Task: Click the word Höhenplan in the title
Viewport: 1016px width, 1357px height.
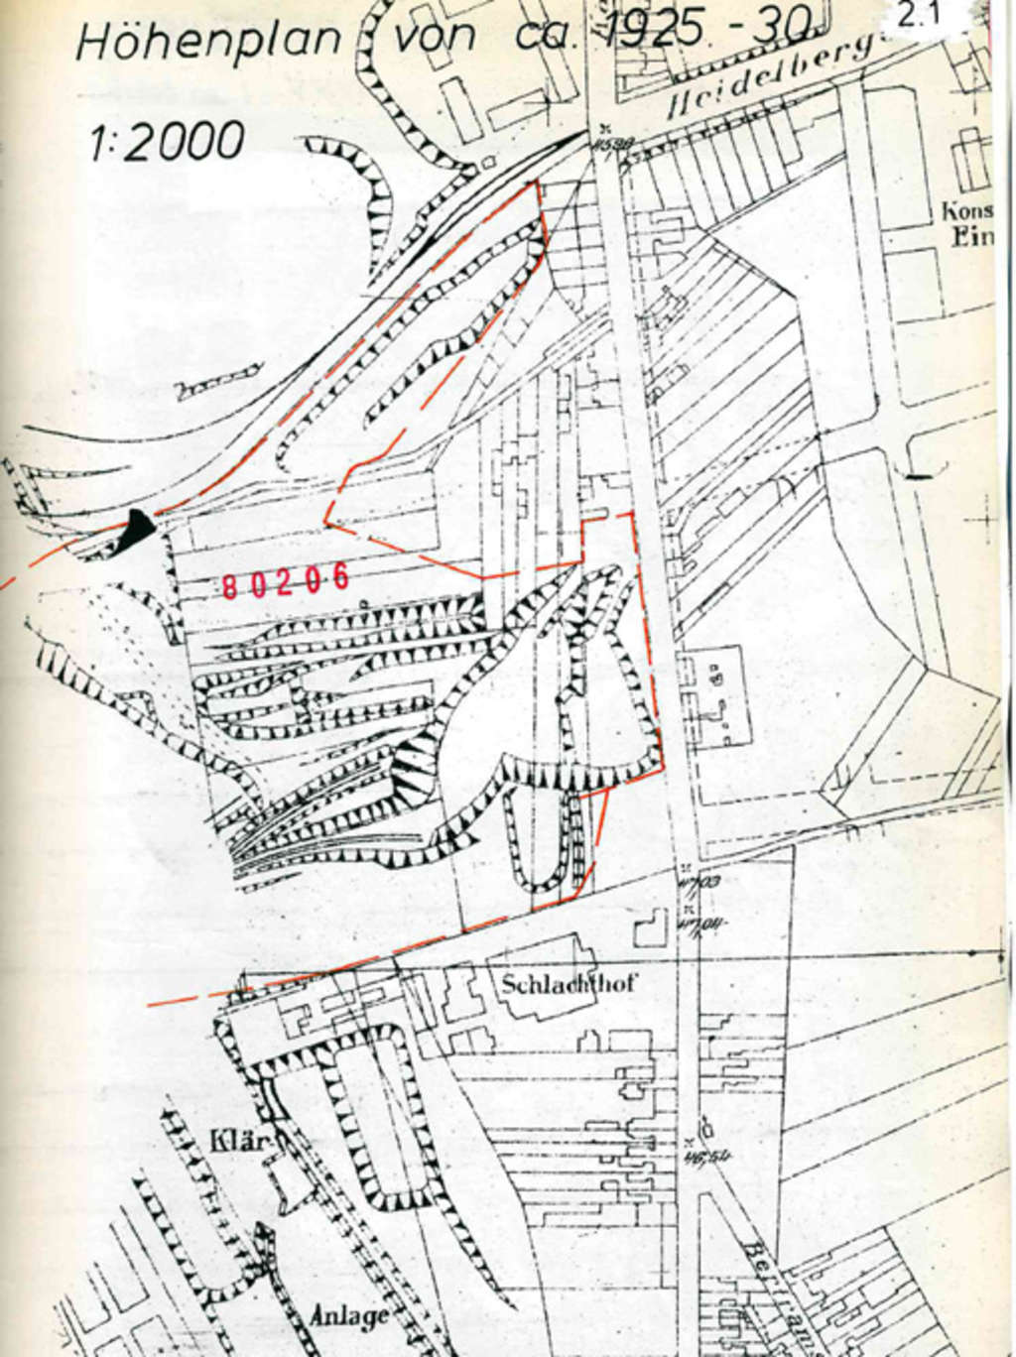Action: (208, 42)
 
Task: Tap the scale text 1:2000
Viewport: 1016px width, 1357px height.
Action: (167, 141)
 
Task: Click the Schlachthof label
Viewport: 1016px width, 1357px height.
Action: (568, 985)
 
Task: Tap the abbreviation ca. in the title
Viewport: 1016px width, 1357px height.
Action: (542, 38)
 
